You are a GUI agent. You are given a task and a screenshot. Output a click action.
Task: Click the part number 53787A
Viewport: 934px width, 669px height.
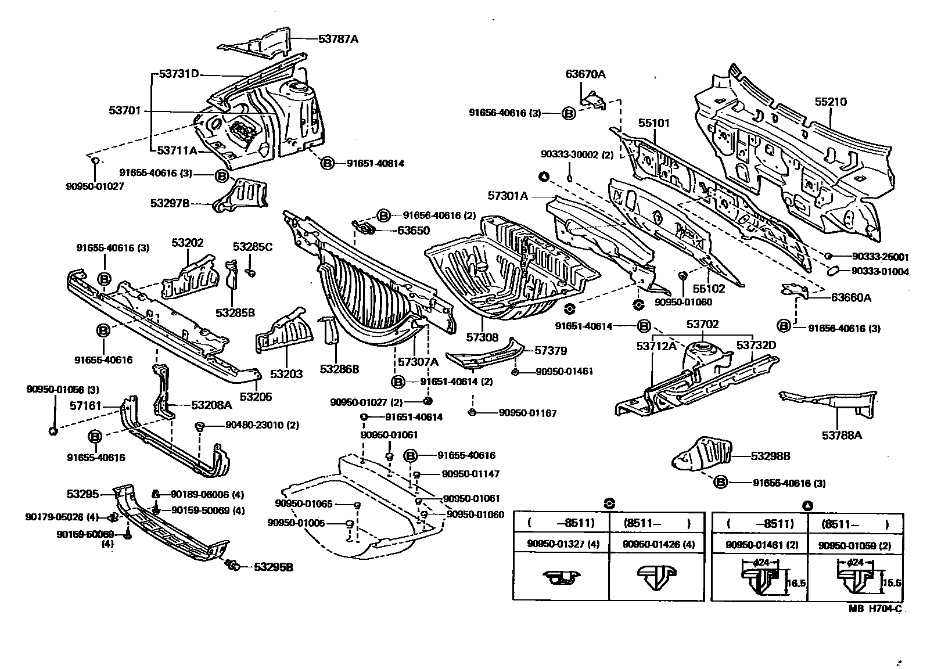click(x=338, y=39)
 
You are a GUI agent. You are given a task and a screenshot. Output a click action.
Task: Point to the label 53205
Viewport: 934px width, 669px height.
click(x=256, y=397)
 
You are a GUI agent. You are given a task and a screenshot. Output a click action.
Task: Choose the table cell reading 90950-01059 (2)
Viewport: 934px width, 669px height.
click(x=854, y=545)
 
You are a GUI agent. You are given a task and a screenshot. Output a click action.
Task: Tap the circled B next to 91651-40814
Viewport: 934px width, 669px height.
click(x=327, y=164)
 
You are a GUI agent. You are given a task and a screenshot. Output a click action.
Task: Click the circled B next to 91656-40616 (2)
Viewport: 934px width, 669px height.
click(x=383, y=215)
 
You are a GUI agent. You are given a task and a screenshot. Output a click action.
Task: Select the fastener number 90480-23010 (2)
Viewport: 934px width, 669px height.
click(x=262, y=425)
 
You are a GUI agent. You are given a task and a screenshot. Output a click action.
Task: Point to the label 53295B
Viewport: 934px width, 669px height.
click(x=273, y=567)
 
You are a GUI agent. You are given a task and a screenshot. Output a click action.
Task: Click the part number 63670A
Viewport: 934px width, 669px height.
click(x=585, y=74)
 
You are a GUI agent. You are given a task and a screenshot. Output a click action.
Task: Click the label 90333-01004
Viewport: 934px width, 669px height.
click(x=880, y=271)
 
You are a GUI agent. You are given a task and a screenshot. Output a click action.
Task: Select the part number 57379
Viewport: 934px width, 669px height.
click(x=551, y=351)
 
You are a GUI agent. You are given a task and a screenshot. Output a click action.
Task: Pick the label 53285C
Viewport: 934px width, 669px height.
click(x=253, y=247)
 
